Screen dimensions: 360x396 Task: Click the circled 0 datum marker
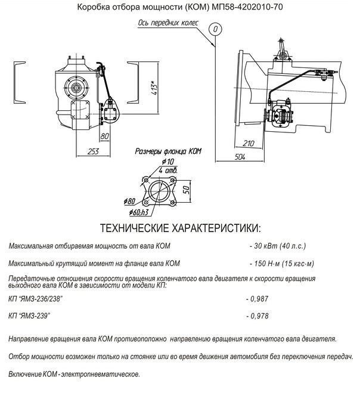215,29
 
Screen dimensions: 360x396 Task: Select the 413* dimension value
155,88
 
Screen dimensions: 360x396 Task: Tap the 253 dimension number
93,151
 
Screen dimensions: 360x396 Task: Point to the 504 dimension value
240,157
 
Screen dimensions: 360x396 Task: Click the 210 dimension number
249,143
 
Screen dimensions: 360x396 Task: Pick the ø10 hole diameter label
168,162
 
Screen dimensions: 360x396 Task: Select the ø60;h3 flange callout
139,212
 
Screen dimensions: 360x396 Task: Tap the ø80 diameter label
129,202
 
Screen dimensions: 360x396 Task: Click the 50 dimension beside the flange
186,190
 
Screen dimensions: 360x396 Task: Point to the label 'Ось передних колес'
168,23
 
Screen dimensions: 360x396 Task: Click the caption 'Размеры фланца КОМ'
168,151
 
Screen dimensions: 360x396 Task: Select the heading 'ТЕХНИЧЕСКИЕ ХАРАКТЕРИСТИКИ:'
181,228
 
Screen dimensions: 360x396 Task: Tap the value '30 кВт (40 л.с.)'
280,246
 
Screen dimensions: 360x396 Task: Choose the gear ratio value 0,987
259,299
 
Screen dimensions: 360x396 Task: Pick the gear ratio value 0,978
259,316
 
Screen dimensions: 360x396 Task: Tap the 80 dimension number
104,136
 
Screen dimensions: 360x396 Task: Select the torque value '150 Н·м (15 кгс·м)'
284,264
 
